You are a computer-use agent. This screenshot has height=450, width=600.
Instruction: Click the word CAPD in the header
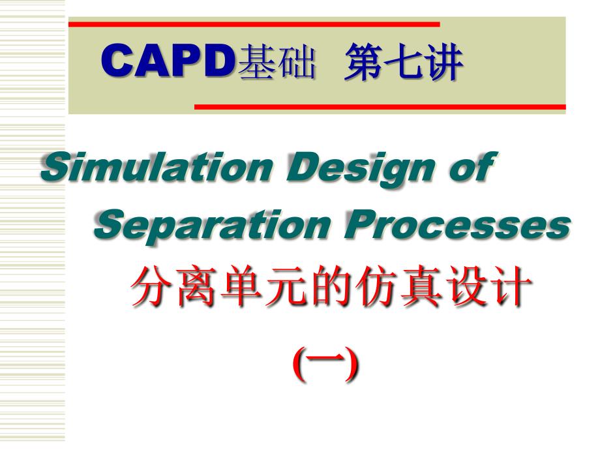coord(168,61)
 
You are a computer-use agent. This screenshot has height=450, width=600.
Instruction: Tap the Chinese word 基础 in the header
coord(277,62)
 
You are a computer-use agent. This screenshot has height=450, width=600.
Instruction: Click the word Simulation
coord(157,166)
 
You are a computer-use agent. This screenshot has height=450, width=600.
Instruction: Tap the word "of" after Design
coord(473,166)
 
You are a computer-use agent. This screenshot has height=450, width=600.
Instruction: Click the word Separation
coord(213,225)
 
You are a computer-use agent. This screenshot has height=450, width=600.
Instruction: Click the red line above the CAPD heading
coord(254,25)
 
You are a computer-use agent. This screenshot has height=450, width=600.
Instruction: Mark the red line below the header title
coord(380,107)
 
